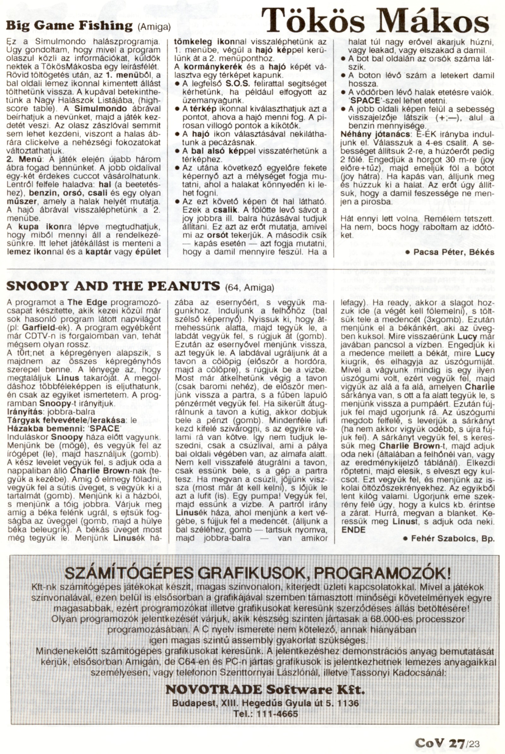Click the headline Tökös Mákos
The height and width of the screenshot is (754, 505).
point(375,20)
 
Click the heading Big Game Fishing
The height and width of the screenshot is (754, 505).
point(69,26)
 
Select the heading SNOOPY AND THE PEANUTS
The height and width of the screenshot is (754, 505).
point(113,286)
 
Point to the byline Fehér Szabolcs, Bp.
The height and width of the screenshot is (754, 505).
point(453,538)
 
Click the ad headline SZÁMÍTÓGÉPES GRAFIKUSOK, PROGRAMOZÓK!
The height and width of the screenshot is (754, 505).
point(258,573)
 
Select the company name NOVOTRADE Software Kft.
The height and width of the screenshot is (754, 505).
point(265,690)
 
